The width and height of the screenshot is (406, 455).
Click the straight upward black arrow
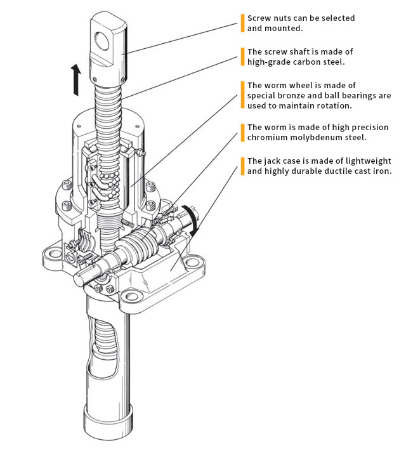click(76, 79)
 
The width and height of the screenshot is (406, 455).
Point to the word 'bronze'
click(290, 96)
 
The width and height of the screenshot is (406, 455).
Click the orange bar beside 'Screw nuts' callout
click(242, 23)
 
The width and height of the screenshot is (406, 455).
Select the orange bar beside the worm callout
click(242, 133)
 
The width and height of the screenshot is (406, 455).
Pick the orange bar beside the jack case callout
click(242, 166)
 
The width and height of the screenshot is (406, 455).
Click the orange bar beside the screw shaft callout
click(242, 57)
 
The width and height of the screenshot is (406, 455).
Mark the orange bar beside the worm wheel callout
click(242, 95)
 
